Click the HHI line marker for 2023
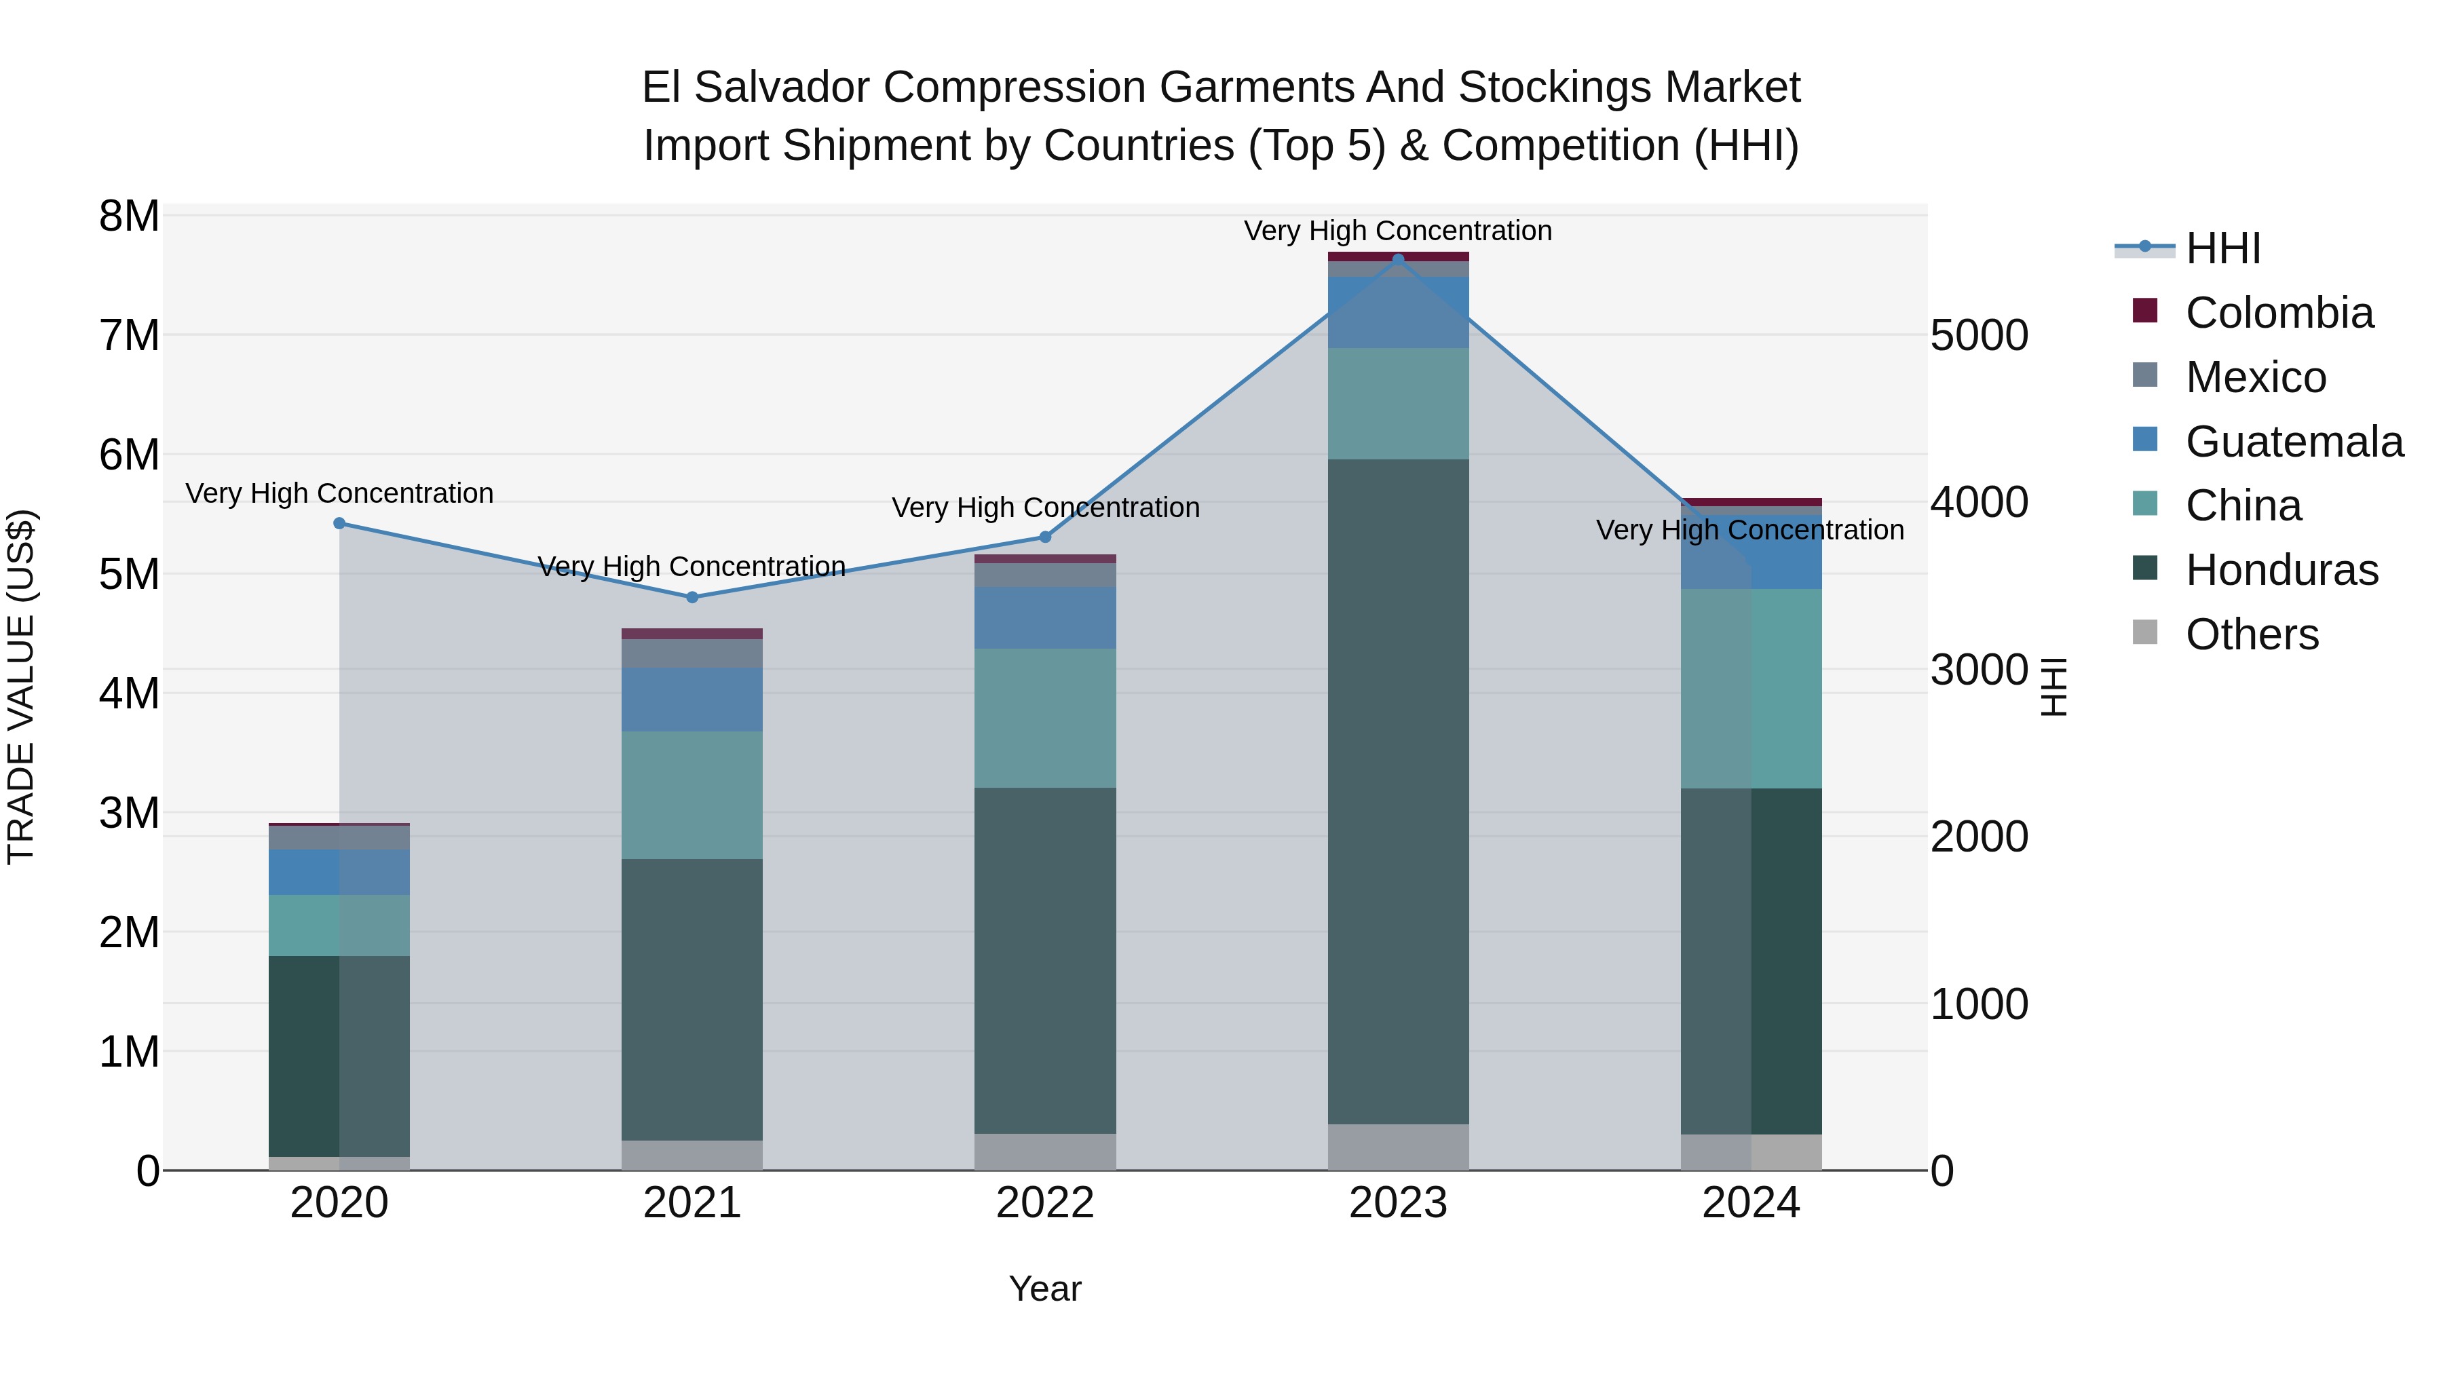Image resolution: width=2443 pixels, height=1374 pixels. point(1398,259)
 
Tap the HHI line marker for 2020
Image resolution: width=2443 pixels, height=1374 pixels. point(339,523)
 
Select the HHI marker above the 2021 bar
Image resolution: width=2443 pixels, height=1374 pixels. point(692,597)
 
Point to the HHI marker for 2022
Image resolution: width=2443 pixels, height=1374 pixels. point(1045,537)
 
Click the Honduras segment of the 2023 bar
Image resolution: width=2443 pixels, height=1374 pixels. point(1398,792)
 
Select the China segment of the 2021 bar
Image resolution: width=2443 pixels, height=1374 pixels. point(692,795)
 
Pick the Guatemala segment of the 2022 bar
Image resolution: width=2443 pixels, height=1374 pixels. point(1045,617)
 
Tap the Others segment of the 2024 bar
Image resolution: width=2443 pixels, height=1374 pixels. point(1751,1152)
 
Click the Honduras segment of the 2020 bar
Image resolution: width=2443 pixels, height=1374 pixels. point(339,1055)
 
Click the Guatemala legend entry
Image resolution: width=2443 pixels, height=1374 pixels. point(2293,442)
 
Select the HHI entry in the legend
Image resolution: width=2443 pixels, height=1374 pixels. point(2222,248)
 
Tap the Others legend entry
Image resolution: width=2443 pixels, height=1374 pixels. point(2252,634)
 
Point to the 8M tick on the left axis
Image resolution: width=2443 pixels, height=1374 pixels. point(129,216)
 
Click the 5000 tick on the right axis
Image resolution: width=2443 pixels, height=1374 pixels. point(1980,336)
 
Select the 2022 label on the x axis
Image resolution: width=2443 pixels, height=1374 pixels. point(1045,1203)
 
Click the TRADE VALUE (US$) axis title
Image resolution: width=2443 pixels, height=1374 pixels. point(21,687)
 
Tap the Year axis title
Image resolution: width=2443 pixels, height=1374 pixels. point(1045,1289)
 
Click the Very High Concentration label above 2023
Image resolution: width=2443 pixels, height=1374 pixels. point(1398,231)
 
